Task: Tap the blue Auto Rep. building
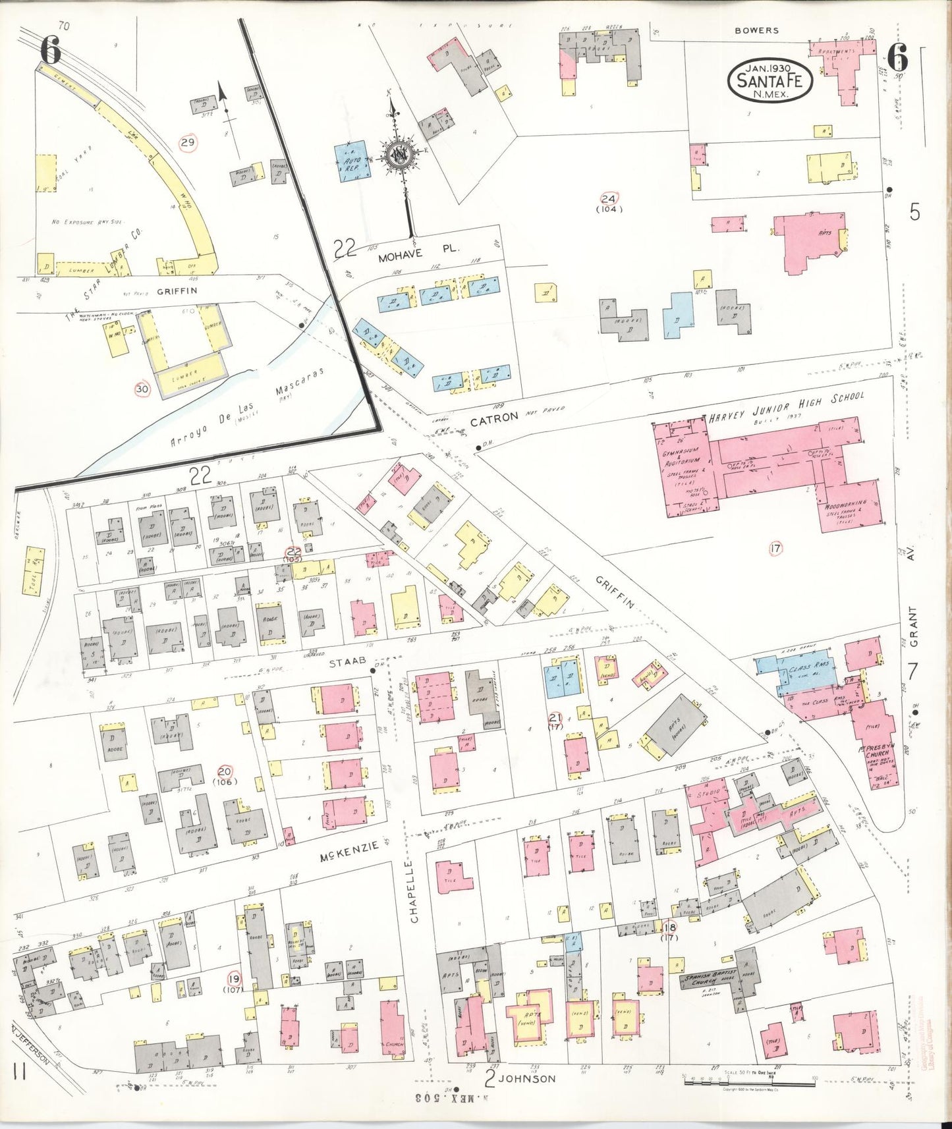pyautogui.click(x=352, y=161)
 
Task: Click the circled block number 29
pyautogui.click(x=188, y=143)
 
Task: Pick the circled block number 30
pyautogui.click(x=142, y=389)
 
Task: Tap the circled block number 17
pyautogui.click(x=775, y=548)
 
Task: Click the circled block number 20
pyautogui.click(x=225, y=771)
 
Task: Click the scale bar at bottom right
pyautogui.click(x=749, y=1078)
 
